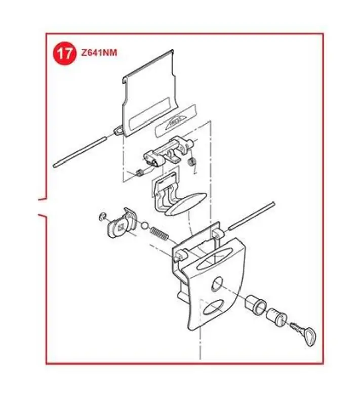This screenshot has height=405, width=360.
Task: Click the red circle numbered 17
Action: (x=65, y=54)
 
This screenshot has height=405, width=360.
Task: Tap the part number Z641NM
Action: (x=99, y=53)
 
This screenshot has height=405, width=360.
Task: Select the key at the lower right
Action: (x=304, y=333)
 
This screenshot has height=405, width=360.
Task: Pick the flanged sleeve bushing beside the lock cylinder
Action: (x=255, y=304)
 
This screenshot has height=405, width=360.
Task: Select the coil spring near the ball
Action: (x=159, y=233)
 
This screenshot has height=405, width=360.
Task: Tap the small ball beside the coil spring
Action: (x=145, y=225)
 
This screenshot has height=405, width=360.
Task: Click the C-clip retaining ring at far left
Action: (x=102, y=217)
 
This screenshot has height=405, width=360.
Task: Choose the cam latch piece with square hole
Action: (x=122, y=223)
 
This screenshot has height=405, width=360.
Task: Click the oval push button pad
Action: (x=186, y=204)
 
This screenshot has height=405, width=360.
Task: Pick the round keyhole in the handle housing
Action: (x=217, y=284)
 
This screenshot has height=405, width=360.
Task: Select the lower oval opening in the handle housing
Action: (x=213, y=307)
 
